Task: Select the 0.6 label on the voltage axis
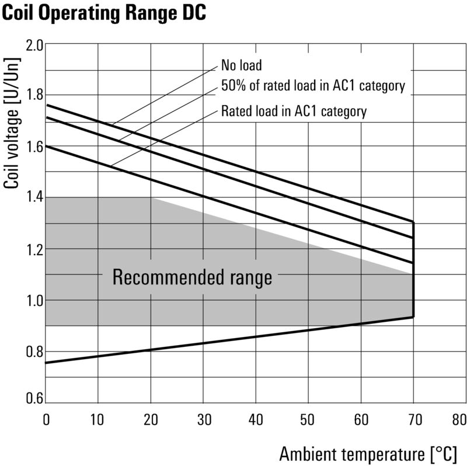coord(34,399)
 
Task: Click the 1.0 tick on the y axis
coord(34,300)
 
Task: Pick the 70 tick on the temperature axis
coord(413,419)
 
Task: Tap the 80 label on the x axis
coord(459,419)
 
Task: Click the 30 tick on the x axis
coord(203,419)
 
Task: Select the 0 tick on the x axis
coord(46,419)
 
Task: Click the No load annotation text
coord(242,65)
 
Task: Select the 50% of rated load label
coord(313,86)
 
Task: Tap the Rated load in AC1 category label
coord(294,111)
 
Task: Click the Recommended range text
coord(192,277)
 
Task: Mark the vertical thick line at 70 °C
coord(413,269)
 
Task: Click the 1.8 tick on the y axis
coord(34,96)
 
